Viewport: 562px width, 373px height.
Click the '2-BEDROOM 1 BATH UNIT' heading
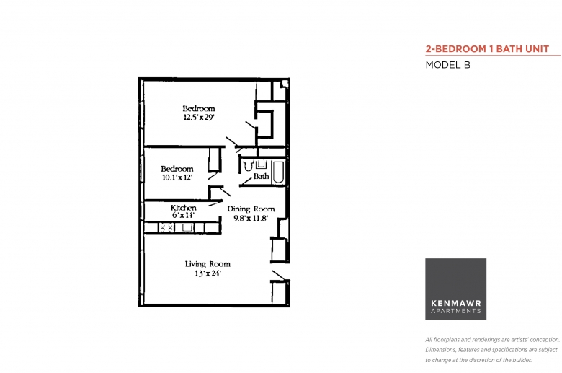pos(487,49)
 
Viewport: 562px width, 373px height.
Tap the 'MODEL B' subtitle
pos(447,65)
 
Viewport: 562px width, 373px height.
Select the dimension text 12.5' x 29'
pos(199,118)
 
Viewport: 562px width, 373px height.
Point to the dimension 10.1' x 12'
pos(177,177)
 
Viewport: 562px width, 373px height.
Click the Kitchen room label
pos(183,208)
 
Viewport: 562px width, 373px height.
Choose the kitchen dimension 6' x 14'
pos(183,216)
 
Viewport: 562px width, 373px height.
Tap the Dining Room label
pos(251,209)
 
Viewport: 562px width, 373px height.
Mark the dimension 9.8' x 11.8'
pos(251,219)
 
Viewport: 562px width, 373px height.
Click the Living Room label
pos(208,264)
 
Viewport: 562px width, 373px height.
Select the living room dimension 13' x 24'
pos(208,273)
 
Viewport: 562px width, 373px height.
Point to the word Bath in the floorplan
pos(261,176)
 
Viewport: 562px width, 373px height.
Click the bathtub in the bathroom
pos(278,172)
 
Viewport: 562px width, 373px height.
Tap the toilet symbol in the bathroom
pos(248,166)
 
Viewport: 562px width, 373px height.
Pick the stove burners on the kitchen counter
pos(166,227)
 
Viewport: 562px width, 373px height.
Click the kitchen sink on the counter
pos(187,227)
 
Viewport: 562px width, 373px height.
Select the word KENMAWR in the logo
pos(456,303)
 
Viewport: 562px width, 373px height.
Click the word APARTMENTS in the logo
pos(456,311)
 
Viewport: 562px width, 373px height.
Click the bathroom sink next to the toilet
pos(261,164)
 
